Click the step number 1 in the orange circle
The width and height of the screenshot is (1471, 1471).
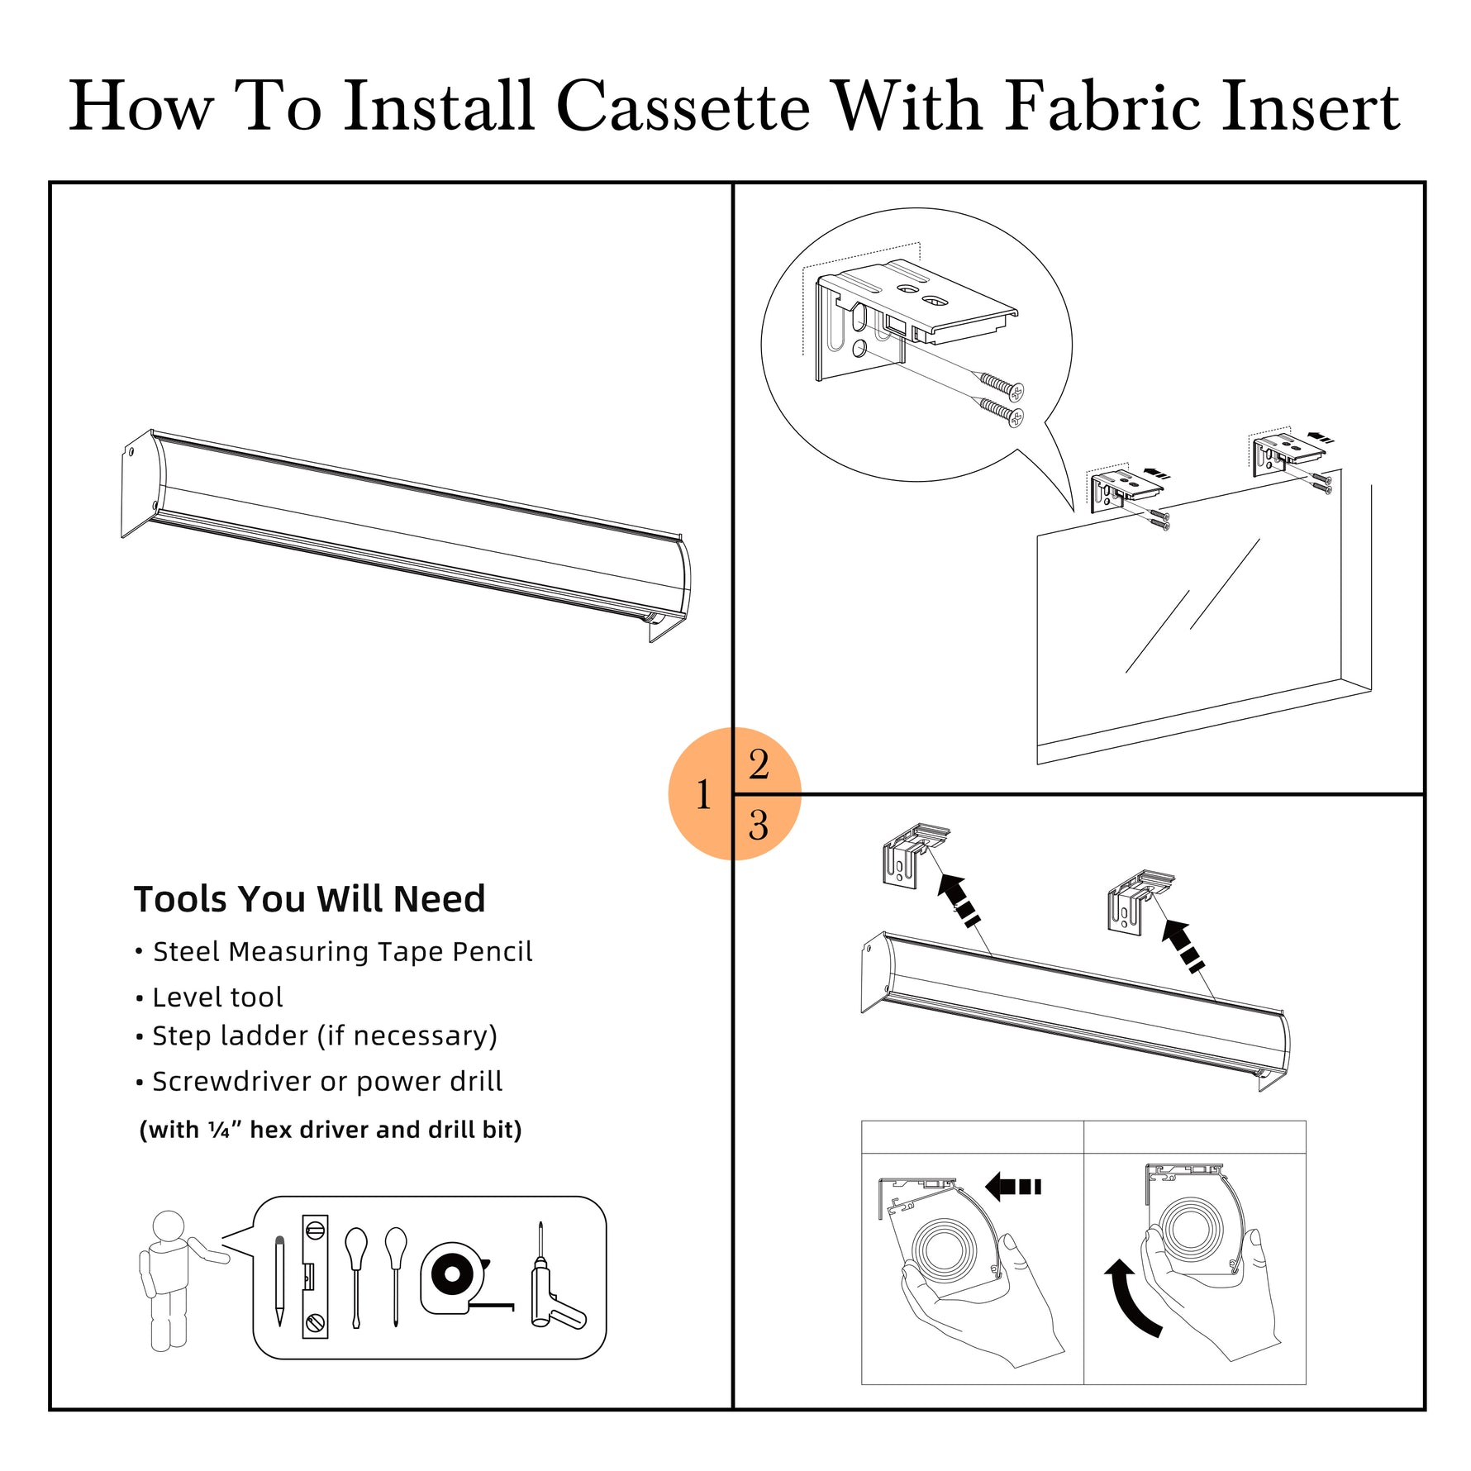point(703,795)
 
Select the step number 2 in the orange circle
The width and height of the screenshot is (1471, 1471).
point(759,764)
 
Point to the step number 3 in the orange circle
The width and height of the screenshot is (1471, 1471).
point(759,825)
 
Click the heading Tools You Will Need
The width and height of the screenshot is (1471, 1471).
point(310,899)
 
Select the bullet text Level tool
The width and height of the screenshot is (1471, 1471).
point(218,997)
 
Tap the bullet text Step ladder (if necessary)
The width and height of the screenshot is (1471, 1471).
point(325,1036)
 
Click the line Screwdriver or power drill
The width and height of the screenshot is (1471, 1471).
point(327,1081)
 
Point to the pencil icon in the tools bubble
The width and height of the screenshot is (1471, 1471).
point(279,1281)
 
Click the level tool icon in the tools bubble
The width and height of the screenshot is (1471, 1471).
point(315,1277)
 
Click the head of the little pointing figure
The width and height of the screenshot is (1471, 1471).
point(169,1225)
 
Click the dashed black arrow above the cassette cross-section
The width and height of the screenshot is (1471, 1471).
point(1013,1187)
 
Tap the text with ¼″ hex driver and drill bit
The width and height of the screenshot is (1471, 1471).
point(331,1130)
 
